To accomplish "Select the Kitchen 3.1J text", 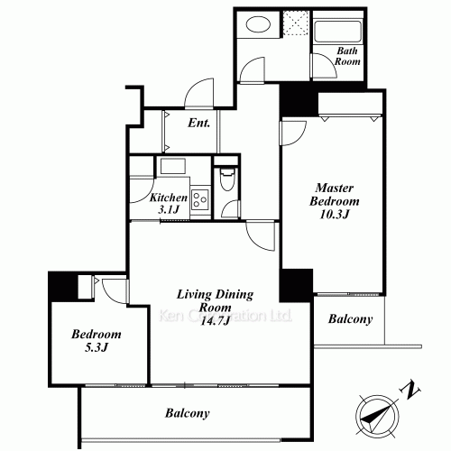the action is pyautogui.click(x=169, y=203).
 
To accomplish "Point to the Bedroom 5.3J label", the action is pyautogui.click(x=97, y=341).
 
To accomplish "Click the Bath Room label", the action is pyautogui.click(x=347, y=56).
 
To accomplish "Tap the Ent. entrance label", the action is pyautogui.click(x=198, y=123).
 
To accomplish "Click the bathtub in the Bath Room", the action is pyautogui.click(x=337, y=31).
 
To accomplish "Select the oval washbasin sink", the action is pyautogui.click(x=258, y=24).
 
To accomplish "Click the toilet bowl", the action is pyautogui.click(x=227, y=179).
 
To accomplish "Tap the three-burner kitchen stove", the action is pyautogui.click(x=200, y=199).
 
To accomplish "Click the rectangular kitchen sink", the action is pyautogui.click(x=172, y=166).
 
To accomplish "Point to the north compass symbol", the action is pyautogui.click(x=378, y=416).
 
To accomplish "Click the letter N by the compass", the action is pyautogui.click(x=410, y=391).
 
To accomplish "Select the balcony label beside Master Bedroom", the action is pyautogui.click(x=350, y=318).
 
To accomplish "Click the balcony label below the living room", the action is pyautogui.click(x=187, y=413).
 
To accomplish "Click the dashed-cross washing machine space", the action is pyautogui.click(x=296, y=23).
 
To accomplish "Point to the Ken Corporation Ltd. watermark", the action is pyautogui.click(x=225, y=316).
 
